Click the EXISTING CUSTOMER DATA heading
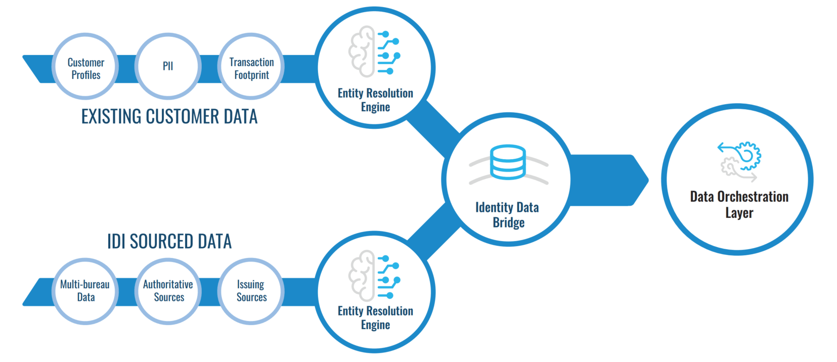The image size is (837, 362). coord(169,117)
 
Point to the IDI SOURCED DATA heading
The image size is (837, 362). coord(169,241)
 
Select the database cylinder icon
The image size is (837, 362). coord(508,162)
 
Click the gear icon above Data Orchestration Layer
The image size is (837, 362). coord(740,161)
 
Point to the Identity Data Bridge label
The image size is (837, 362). coord(507,215)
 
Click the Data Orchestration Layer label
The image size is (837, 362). coord(739,204)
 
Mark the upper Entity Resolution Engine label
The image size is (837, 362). coord(376,100)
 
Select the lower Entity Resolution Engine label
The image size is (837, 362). coord(376,318)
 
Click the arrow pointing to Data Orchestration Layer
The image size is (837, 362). coord(609,180)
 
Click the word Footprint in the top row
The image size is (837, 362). coord(251,75)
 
